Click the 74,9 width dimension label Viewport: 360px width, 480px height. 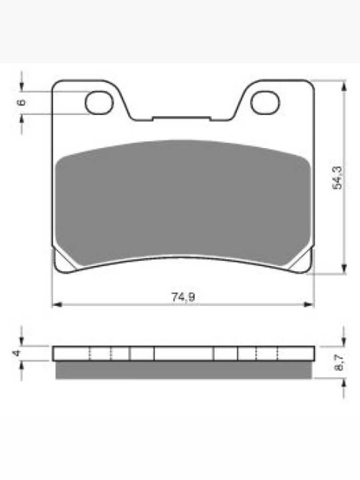183,297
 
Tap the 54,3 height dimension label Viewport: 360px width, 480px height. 337,177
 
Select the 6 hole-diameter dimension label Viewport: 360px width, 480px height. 22,102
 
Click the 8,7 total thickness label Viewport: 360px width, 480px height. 338,362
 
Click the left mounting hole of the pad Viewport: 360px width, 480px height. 99,102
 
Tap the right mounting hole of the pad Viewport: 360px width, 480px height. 265,102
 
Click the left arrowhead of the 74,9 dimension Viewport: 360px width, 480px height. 57,305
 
